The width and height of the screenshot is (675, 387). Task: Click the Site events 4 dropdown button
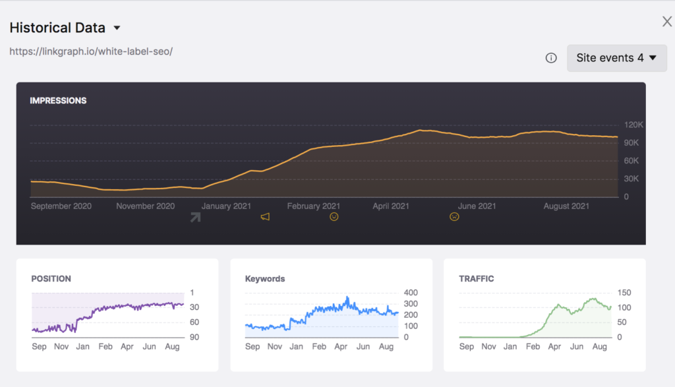pyautogui.click(x=616, y=58)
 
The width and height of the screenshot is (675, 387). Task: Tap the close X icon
pyautogui.click(x=667, y=22)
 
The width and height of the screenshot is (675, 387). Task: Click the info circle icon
pyautogui.click(x=551, y=58)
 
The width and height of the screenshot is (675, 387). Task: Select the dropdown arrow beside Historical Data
pyautogui.click(x=117, y=28)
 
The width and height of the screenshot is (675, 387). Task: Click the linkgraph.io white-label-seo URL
pyautogui.click(x=91, y=51)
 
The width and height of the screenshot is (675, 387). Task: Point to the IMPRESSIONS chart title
pyautogui.click(x=58, y=101)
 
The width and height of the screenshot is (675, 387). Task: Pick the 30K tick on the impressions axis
pyautogui.click(x=631, y=179)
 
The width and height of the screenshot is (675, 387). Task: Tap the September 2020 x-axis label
pyautogui.click(x=61, y=206)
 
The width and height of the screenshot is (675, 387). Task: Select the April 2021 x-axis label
pyautogui.click(x=391, y=206)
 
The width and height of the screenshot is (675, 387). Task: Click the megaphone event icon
pyautogui.click(x=265, y=217)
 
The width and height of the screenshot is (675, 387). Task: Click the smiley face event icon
pyautogui.click(x=334, y=217)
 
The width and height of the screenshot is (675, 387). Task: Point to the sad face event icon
pyautogui.click(x=454, y=217)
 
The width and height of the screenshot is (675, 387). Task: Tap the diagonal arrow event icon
pyautogui.click(x=195, y=217)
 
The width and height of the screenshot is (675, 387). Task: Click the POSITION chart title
pyautogui.click(x=51, y=279)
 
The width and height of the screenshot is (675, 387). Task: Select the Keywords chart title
pyautogui.click(x=265, y=279)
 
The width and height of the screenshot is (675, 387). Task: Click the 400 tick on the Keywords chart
pyautogui.click(x=411, y=293)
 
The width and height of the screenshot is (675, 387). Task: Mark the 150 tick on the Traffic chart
pyautogui.click(x=624, y=293)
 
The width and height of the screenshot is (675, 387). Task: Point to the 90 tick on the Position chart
pyautogui.click(x=195, y=337)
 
